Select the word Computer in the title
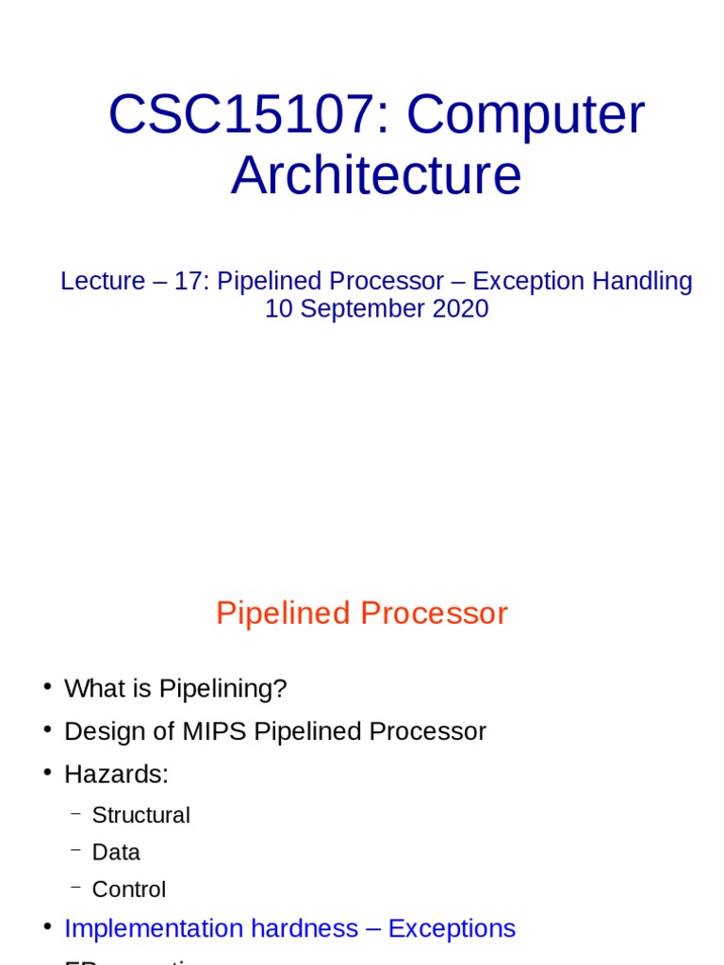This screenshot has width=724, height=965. tap(526, 116)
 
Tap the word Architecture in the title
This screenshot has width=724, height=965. tap(376, 176)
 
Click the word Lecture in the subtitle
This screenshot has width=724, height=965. tap(103, 281)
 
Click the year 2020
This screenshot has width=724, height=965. tap(461, 308)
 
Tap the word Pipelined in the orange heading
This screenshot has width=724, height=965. tap(284, 613)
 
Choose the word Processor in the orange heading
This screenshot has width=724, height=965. tap(435, 613)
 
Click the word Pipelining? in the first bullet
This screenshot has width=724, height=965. tap(222, 689)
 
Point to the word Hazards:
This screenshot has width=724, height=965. tap(116, 775)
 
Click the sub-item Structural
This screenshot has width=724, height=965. tap(140, 815)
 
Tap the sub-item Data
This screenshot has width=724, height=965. tap(116, 852)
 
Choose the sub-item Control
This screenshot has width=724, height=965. tap(128, 890)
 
